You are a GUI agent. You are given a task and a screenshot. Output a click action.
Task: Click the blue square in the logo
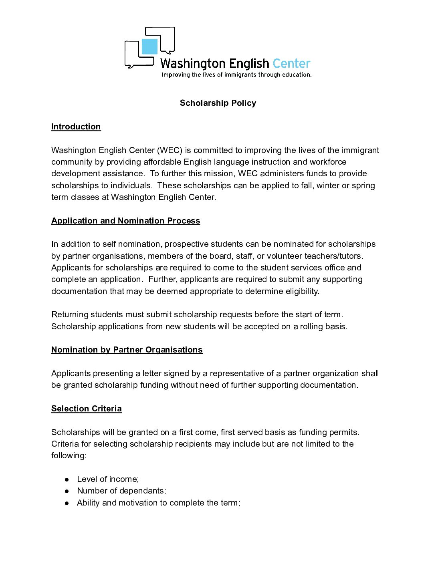click(x=149, y=47)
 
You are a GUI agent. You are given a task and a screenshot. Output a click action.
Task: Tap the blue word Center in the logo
click(x=291, y=64)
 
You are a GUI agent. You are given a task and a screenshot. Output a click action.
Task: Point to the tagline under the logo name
click(x=236, y=75)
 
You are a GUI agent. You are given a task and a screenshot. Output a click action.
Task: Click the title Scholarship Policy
click(x=218, y=103)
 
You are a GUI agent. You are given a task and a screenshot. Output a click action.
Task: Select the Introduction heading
click(x=76, y=127)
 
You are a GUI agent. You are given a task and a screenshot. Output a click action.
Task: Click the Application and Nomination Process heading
click(x=125, y=221)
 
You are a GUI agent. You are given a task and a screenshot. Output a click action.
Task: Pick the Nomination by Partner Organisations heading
click(x=127, y=350)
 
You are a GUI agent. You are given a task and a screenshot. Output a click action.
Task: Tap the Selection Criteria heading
click(x=86, y=409)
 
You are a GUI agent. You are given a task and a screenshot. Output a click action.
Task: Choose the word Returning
click(x=70, y=314)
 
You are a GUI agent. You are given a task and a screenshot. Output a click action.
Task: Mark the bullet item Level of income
click(x=108, y=479)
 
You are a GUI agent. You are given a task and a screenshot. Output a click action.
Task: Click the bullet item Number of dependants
click(x=121, y=491)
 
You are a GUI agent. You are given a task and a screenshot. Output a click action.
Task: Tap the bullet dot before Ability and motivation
click(x=67, y=503)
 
